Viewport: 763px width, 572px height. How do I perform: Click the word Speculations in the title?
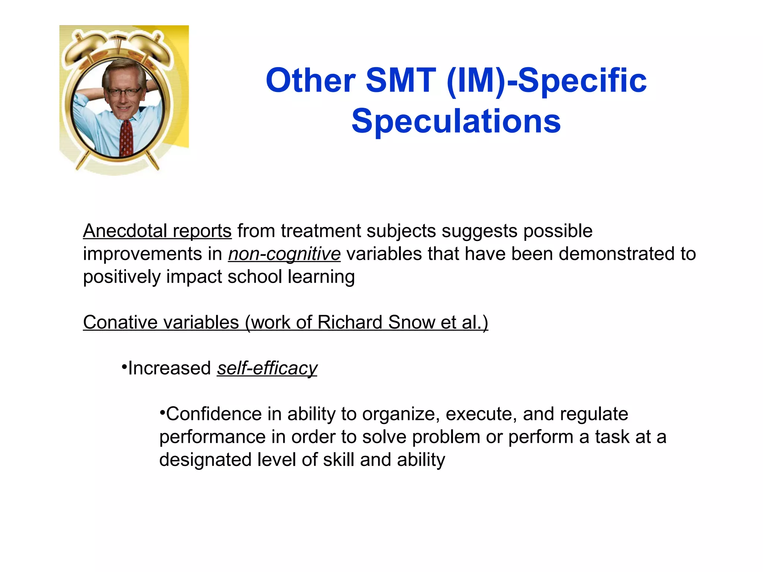pos(456,121)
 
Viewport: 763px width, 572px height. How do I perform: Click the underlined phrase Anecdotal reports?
pos(157,231)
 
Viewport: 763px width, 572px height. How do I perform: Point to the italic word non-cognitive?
pos(284,254)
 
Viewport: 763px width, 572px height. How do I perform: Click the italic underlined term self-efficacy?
pos(267,368)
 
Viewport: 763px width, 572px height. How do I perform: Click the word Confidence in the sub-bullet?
pos(213,414)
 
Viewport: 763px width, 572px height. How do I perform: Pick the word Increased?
pos(170,368)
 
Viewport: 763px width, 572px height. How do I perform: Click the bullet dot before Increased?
pos(124,367)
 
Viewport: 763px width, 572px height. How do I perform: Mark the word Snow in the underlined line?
pos(411,322)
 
